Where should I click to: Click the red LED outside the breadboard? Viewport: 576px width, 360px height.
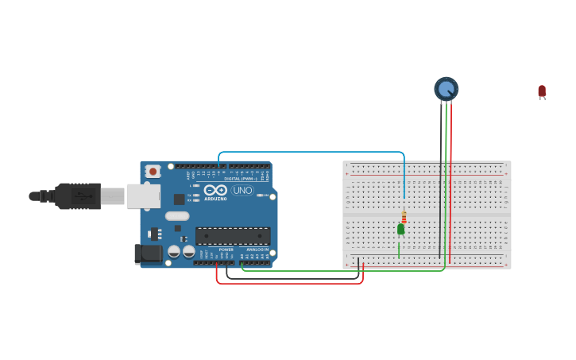click(x=542, y=91)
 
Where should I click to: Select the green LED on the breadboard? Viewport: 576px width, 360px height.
click(x=400, y=229)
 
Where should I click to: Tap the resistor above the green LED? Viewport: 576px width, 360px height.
click(x=404, y=217)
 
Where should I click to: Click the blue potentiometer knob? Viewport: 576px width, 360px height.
click(x=446, y=88)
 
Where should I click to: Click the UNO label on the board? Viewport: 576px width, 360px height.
click(x=242, y=191)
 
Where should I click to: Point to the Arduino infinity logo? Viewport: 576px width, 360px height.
click(x=215, y=190)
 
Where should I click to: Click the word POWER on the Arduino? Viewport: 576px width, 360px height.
click(x=226, y=250)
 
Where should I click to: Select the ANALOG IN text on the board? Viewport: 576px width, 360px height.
click(x=257, y=250)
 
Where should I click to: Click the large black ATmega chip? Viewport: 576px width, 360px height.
click(x=233, y=236)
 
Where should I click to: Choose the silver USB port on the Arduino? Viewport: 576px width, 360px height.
click(x=143, y=196)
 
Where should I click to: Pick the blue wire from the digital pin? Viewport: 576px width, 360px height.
click(x=318, y=152)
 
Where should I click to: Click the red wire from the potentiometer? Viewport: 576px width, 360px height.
click(x=450, y=199)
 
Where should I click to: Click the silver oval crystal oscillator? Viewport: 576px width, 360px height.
click(x=177, y=216)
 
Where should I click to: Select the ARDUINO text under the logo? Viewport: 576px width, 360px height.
click(x=215, y=199)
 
